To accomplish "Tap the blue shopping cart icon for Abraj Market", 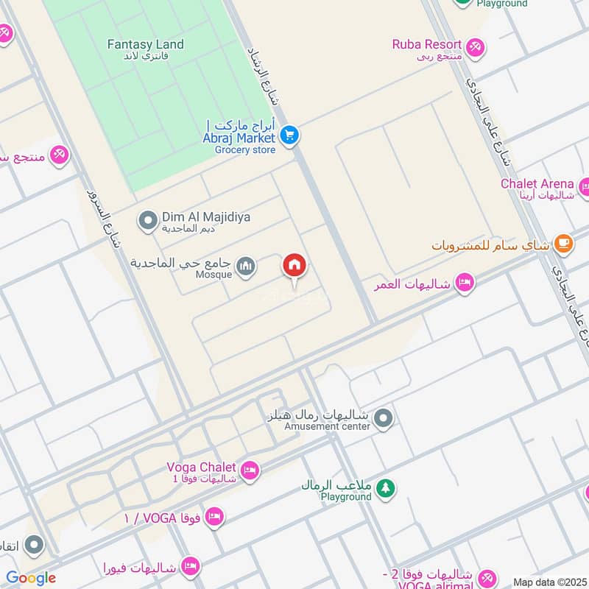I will click(289, 135).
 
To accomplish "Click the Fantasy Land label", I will click(146, 44).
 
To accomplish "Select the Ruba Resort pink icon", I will click(476, 46).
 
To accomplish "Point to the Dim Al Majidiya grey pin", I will click(148, 219).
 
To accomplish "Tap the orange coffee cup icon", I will click(563, 244).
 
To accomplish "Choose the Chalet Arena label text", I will click(537, 183).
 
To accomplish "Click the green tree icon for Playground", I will click(385, 487).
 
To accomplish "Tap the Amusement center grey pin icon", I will click(382, 420).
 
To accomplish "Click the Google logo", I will click(30, 578).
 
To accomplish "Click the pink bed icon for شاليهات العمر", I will click(464, 283).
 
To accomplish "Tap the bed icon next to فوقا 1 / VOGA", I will click(214, 517).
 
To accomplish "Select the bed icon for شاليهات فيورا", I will click(190, 567).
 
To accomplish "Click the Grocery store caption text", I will click(245, 150).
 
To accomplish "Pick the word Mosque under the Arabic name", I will click(214, 275).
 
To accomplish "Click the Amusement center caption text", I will click(327, 427).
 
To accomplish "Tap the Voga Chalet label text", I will click(201, 467).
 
